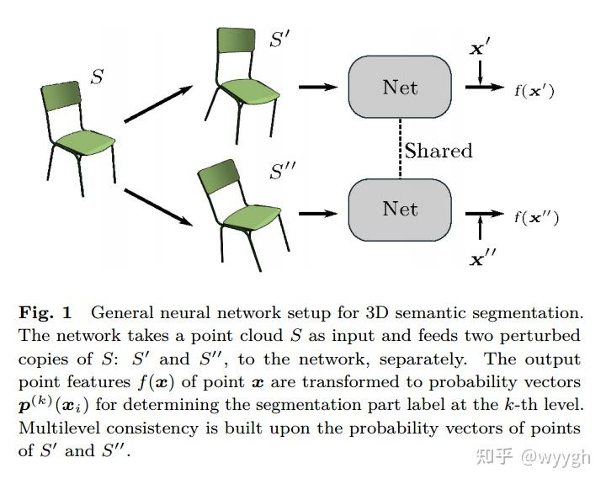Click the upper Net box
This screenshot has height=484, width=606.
point(399,88)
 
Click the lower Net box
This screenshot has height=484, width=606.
point(399,208)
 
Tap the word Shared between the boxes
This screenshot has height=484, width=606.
point(439,151)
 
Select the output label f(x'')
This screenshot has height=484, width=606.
point(536,218)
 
